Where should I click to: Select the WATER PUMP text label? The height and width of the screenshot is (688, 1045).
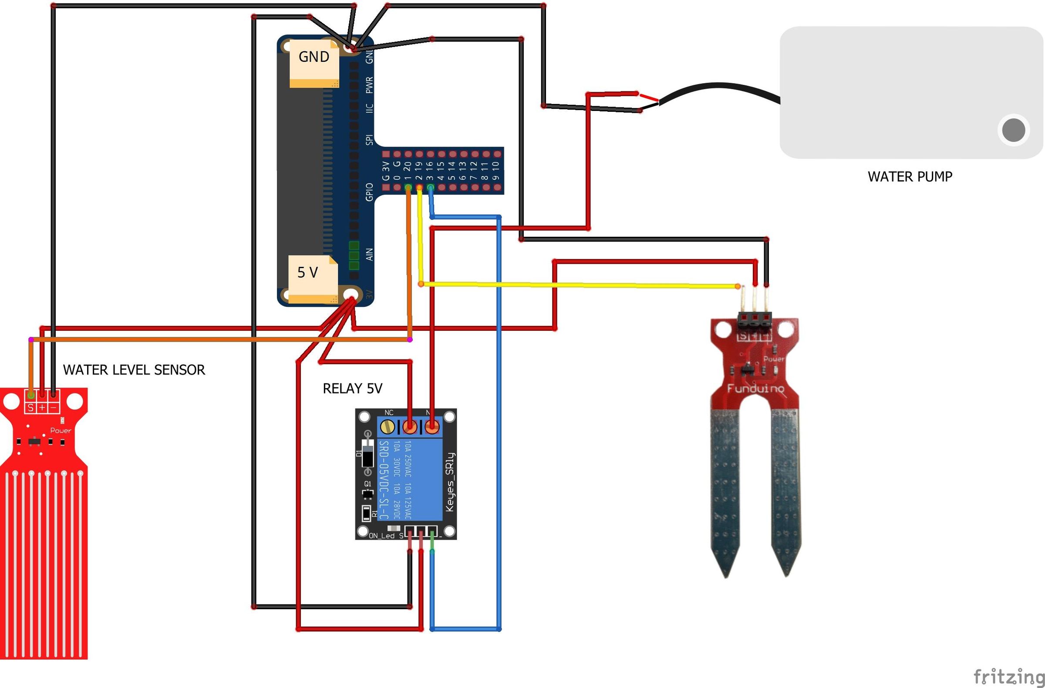click(x=910, y=177)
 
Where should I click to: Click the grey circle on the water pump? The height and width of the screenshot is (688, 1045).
click(x=1014, y=130)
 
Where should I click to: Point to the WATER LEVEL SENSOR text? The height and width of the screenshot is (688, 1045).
click(x=134, y=370)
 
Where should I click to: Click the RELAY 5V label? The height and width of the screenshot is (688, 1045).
click(x=353, y=389)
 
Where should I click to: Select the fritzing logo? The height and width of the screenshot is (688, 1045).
click(x=1008, y=676)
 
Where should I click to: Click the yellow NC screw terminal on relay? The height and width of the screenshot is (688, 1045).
click(x=387, y=426)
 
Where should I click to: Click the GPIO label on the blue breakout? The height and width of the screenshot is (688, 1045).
click(x=369, y=192)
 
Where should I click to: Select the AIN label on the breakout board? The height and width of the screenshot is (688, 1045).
click(x=369, y=254)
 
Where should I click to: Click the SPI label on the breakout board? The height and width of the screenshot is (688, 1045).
click(x=369, y=140)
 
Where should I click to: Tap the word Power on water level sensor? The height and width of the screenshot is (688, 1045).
click(x=61, y=430)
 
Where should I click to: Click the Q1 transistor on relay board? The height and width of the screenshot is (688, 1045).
click(x=367, y=493)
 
